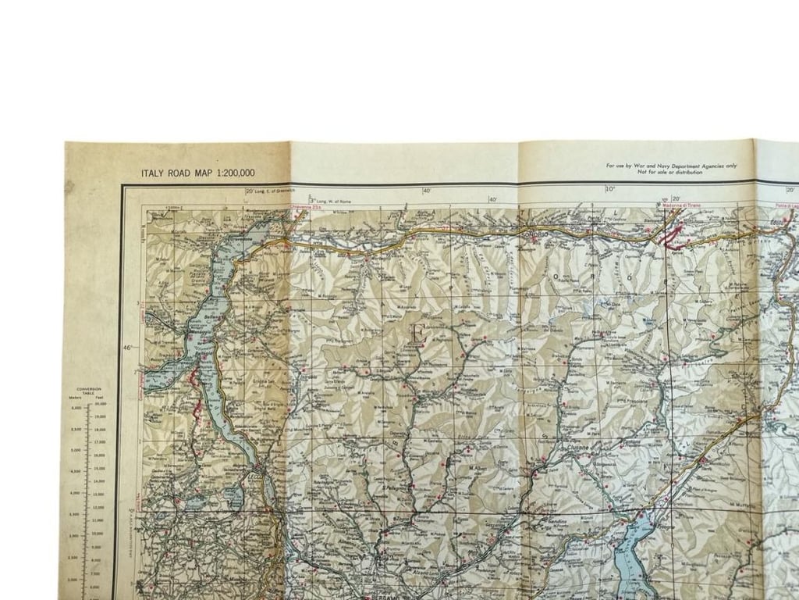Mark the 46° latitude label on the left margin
[127, 347]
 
